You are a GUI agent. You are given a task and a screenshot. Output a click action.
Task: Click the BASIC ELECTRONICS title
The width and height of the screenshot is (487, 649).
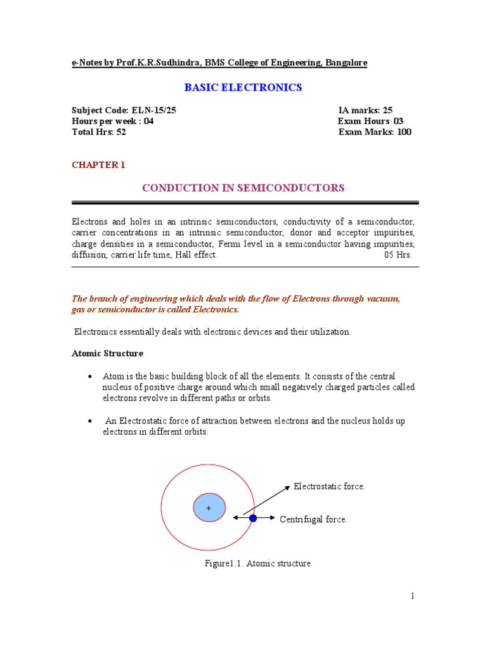point(243,87)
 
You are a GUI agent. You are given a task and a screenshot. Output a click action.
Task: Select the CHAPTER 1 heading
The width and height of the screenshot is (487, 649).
point(98,165)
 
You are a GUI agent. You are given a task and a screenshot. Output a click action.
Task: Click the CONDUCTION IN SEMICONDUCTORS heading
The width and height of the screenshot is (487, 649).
point(243,188)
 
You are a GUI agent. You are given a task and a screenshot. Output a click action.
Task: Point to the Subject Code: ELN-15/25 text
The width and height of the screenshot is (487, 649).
point(124,110)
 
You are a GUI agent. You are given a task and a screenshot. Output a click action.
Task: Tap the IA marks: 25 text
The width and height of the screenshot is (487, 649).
point(365,110)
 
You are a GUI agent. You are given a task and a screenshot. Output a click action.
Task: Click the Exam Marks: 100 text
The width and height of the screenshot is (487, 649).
point(375,132)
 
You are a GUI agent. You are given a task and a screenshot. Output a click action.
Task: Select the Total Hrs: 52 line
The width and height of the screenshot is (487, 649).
point(98,132)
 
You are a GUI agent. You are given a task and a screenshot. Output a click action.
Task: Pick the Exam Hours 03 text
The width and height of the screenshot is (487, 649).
point(370,121)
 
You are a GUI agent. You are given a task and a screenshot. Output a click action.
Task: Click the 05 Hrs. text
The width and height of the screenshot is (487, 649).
point(398,254)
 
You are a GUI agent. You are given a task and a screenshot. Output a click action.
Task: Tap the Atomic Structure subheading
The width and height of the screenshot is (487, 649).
point(107,353)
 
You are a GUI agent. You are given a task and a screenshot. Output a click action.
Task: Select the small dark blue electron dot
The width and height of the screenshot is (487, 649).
point(253,518)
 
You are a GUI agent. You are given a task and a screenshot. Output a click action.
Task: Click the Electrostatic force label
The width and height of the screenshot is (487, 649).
point(329,487)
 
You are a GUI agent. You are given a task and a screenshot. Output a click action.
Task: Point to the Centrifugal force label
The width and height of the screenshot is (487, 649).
point(313,520)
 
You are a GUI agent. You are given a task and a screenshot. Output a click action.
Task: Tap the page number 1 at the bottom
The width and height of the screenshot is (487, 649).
point(412,596)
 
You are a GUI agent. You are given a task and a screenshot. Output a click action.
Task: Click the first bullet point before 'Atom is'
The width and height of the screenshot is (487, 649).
point(91,377)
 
